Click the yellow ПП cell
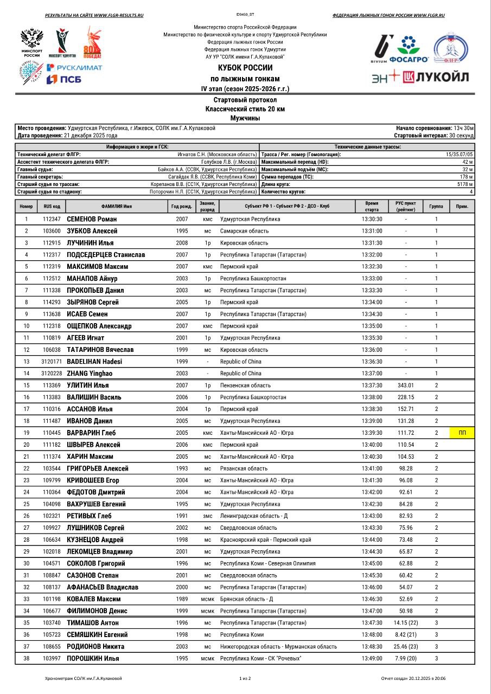[x=462, y=433]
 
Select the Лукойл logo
[x=436, y=76]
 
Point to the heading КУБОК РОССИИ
[x=245, y=68]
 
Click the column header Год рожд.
[x=182, y=207]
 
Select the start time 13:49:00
[x=372, y=658]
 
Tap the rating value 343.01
[x=405, y=385]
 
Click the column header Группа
[x=436, y=207]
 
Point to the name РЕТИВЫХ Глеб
[x=88, y=516]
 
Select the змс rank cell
[x=208, y=516]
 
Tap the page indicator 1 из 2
[x=245, y=678]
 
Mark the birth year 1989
[x=182, y=599]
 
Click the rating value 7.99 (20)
[x=405, y=658]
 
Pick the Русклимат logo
[x=74, y=67]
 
